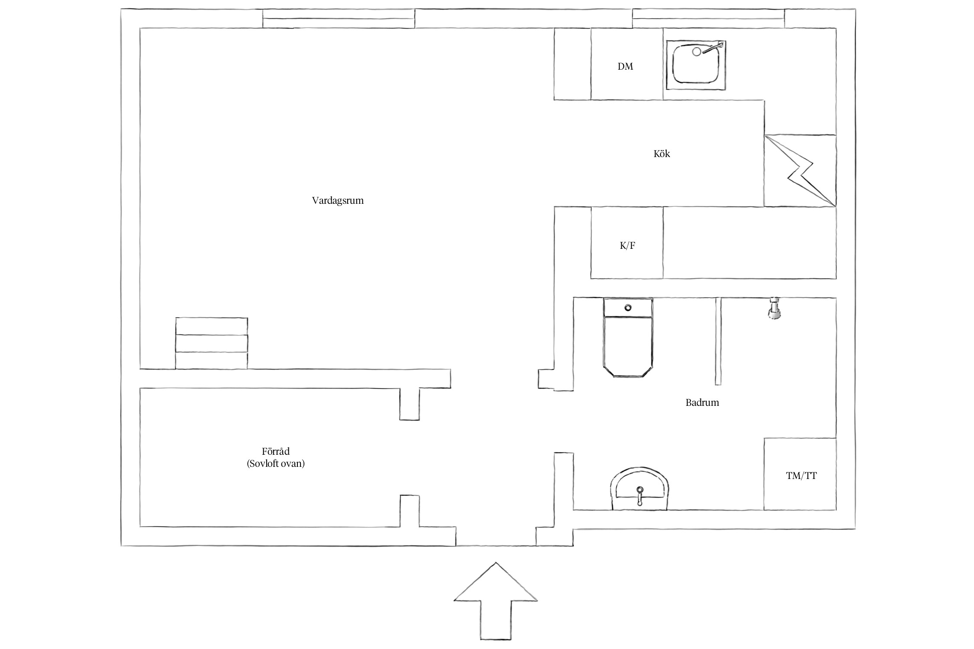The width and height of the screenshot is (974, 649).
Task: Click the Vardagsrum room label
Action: tap(338, 201)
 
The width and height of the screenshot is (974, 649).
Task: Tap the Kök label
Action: tap(661, 154)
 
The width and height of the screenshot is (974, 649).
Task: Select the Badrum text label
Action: tap(702, 402)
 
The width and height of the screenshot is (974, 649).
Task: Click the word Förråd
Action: tap(276, 452)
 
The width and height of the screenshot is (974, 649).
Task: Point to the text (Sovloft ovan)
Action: tap(276, 464)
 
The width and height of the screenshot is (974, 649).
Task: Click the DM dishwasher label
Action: tap(625, 66)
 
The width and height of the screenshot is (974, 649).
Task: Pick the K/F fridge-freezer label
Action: tap(627, 246)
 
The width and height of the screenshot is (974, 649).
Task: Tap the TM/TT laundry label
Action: tap(801, 476)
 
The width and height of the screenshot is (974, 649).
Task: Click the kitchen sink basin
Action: tap(696, 65)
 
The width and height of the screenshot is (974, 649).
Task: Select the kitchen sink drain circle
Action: tap(697, 51)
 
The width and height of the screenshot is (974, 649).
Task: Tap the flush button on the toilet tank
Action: tap(628, 308)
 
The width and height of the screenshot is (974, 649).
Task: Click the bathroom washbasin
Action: tap(639, 489)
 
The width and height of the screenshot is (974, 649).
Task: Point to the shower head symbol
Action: tap(774, 309)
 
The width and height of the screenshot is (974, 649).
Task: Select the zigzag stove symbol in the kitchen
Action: tap(800, 170)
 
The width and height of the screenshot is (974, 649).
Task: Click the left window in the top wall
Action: tap(339, 19)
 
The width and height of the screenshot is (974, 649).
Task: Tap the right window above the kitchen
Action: tap(709, 19)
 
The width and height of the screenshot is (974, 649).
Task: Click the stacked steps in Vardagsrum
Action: tap(212, 344)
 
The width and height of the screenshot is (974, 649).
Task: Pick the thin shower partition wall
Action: tap(718, 341)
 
